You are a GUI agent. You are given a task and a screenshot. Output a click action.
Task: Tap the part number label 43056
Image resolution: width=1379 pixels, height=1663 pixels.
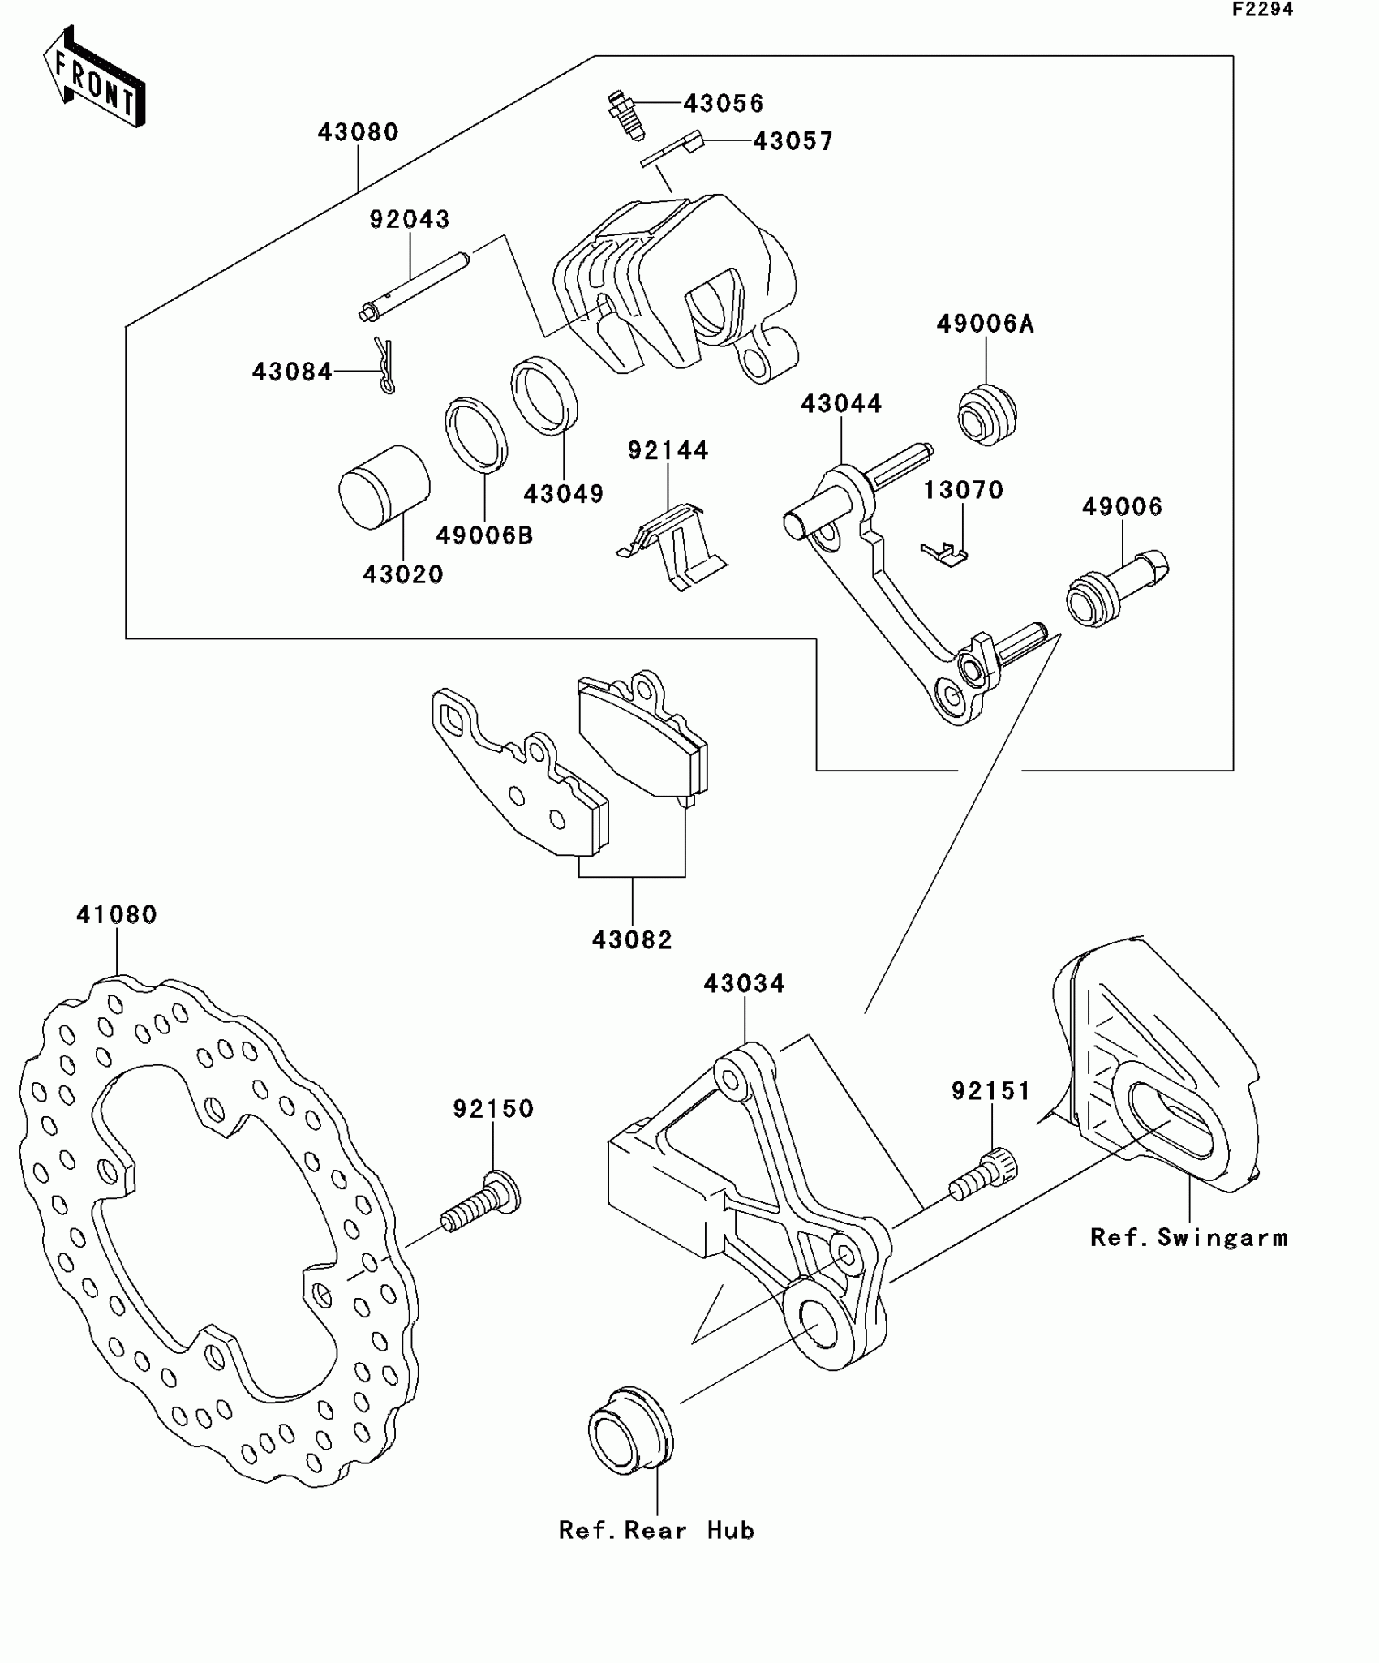[x=723, y=104]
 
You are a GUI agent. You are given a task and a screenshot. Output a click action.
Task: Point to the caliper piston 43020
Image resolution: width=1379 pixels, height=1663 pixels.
[x=384, y=487]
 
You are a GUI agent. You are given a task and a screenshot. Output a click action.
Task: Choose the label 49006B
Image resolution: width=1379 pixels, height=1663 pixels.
[x=484, y=535]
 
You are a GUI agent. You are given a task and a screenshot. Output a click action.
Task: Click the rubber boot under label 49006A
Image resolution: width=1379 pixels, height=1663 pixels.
[x=986, y=415]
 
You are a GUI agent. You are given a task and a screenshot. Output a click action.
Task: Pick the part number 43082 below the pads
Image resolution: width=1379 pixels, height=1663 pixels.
[x=632, y=940]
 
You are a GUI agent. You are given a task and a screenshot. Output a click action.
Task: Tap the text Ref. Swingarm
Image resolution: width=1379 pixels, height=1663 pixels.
[x=1188, y=1238]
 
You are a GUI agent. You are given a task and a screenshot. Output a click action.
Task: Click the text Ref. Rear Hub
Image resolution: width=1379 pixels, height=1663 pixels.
[x=656, y=1531]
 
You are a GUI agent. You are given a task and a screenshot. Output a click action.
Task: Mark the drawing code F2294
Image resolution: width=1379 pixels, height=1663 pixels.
[x=1262, y=11]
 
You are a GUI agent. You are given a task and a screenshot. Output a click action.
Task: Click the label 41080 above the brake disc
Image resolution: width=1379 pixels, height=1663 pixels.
[x=117, y=915]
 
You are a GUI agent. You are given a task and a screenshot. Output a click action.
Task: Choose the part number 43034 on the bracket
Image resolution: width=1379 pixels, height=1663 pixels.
[x=744, y=984]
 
